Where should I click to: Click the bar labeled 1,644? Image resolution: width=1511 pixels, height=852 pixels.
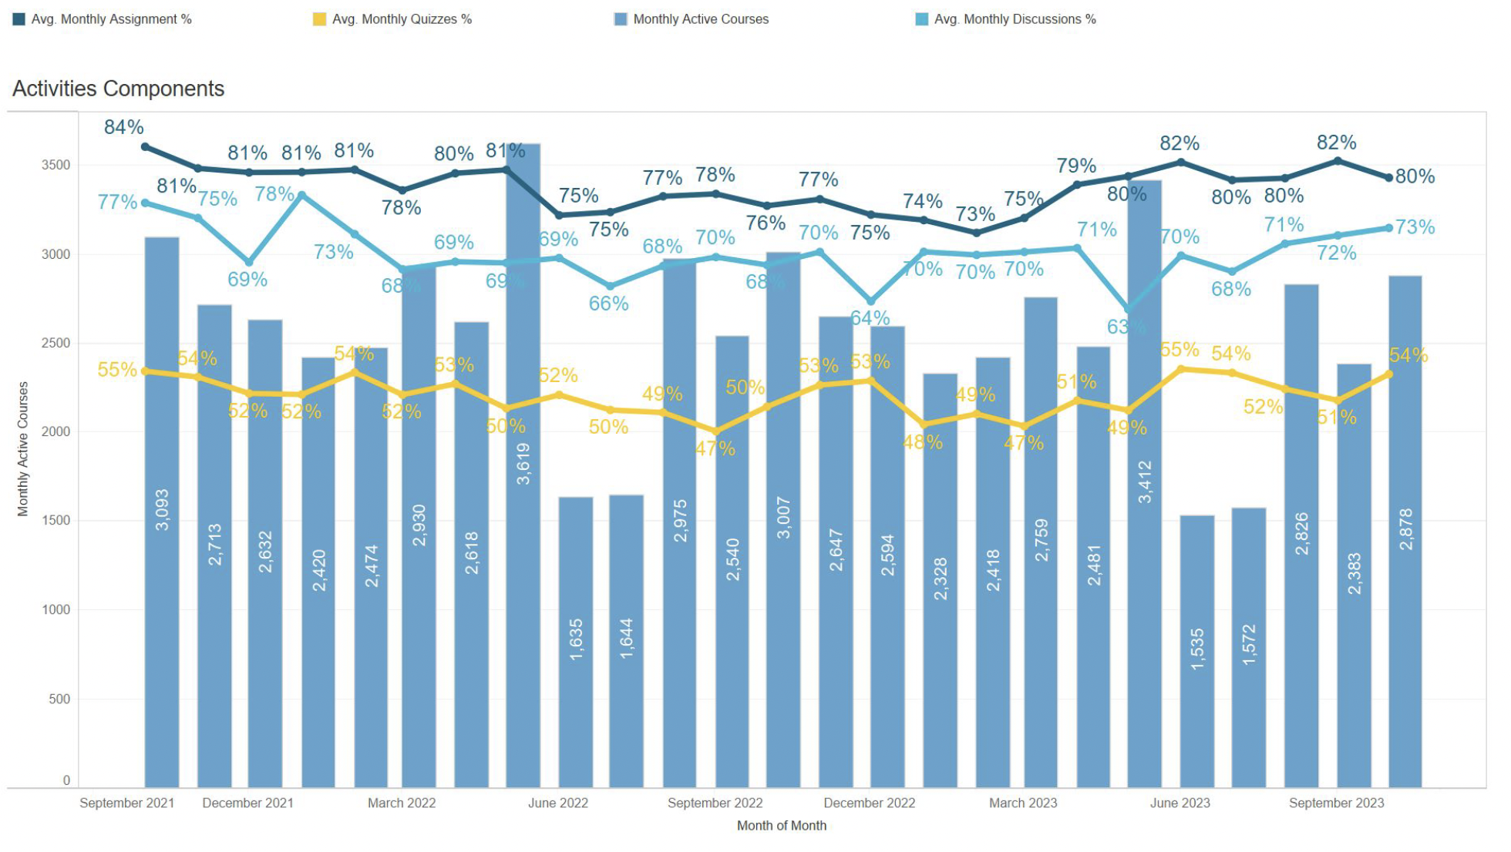click(626, 639)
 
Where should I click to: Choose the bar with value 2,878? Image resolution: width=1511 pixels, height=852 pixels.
click(1405, 532)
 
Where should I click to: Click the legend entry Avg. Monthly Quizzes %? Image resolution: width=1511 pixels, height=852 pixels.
click(401, 19)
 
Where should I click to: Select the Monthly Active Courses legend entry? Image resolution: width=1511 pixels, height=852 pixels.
click(700, 19)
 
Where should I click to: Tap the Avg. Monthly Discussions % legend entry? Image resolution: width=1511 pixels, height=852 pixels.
click(1014, 19)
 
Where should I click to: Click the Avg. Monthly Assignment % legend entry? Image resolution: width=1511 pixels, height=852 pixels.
click(111, 19)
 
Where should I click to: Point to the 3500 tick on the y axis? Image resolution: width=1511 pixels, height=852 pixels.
click(56, 165)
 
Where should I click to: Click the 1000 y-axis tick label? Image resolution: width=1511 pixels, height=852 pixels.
click(56, 609)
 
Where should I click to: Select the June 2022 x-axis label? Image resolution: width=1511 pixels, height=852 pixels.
click(557, 803)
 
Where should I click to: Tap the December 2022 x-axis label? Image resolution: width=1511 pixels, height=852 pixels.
click(869, 803)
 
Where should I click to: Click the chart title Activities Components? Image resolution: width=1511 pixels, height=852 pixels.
click(118, 89)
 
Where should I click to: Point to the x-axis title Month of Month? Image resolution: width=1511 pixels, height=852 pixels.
click(781, 826)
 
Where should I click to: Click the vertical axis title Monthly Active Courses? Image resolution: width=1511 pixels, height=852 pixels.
click(22, 448)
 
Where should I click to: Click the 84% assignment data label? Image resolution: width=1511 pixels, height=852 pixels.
click(123, 127)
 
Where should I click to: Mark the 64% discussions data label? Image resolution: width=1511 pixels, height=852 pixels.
click(870, 317)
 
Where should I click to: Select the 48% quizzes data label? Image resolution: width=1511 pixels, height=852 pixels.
click(923, 442)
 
